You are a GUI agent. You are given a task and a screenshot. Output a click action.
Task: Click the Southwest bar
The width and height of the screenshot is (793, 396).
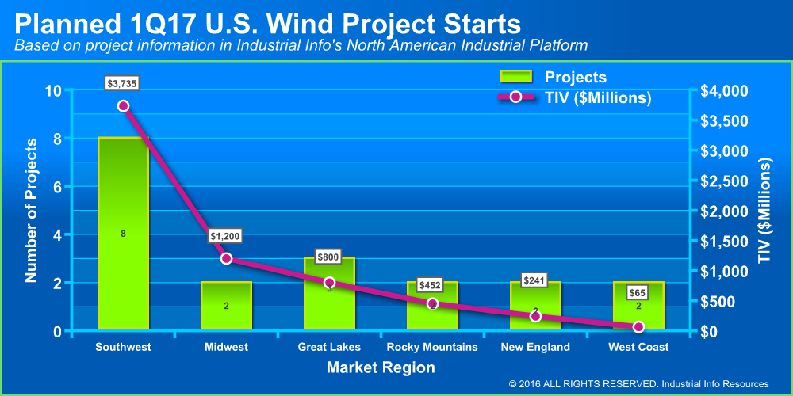[123, 233]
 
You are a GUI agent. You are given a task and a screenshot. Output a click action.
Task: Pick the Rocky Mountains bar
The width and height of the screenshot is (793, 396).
[432, 313]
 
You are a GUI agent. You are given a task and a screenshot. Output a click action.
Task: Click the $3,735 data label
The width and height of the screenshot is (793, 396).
[123, 83]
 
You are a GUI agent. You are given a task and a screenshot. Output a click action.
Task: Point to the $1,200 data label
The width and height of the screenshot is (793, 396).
[225, 236]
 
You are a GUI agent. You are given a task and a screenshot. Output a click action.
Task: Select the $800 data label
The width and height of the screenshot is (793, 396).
[328, 257]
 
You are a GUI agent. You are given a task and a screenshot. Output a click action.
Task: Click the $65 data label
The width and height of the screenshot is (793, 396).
[638, 292]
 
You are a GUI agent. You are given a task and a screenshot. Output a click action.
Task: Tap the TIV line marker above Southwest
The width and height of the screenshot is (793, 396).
[123, 106]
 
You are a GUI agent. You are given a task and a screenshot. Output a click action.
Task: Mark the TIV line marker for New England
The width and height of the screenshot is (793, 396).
[535, 316]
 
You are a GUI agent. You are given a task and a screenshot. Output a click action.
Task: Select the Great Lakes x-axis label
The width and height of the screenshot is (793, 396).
[329, 347]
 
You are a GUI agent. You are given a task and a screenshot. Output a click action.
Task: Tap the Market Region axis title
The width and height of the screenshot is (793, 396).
[381, 367]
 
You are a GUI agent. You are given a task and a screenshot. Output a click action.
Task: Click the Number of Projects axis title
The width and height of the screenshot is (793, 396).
[32, 211]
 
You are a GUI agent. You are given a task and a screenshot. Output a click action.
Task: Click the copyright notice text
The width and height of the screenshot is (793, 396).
[639, 384]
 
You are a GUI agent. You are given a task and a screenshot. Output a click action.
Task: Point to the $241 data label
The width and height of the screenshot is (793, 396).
[535, 280]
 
